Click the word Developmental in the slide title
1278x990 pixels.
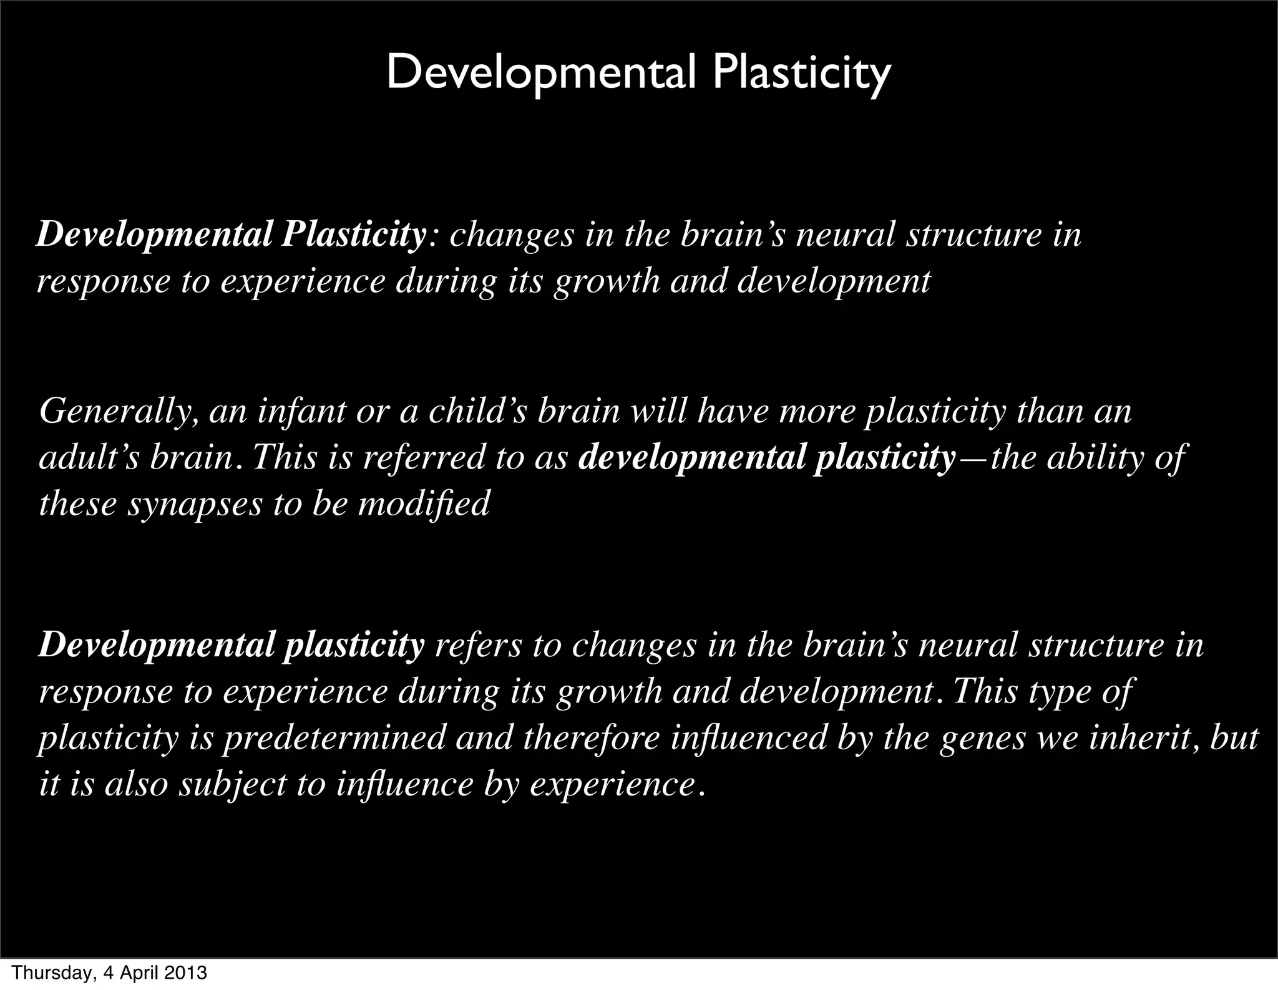pos(540,74)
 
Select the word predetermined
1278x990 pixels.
pos(334,738)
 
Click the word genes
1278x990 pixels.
pos(982,738)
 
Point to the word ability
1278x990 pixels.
pos(1091,459)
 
